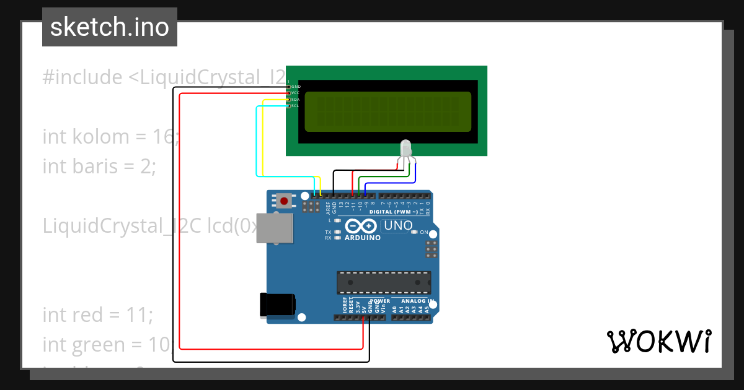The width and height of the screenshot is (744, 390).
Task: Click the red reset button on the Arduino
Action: coord(285,201)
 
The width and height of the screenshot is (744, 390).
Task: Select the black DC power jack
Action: coord(277,305)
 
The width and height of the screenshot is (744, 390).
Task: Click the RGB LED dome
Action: coord(406,148)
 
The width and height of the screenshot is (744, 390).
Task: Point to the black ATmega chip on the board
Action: coord(383,282)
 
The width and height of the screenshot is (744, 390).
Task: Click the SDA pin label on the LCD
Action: coord(295,100)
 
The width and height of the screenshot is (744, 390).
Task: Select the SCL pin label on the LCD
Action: coord(295,106)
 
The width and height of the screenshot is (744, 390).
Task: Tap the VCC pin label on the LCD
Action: coord(295,93)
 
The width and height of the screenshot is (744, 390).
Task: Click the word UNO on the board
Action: coord(398,225)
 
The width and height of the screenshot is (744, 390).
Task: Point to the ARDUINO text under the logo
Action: coord(363,238)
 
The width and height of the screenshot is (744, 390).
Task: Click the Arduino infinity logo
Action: coord(360,226)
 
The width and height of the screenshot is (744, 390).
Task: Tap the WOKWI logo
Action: coord(658,341)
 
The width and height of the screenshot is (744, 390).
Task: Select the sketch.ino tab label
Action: coord(110,27)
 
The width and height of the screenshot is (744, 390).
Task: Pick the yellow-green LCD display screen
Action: coord(387,111)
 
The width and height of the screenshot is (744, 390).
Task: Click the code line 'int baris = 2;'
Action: coord(99,166)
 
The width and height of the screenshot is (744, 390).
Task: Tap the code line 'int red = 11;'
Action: coord(97,314)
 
